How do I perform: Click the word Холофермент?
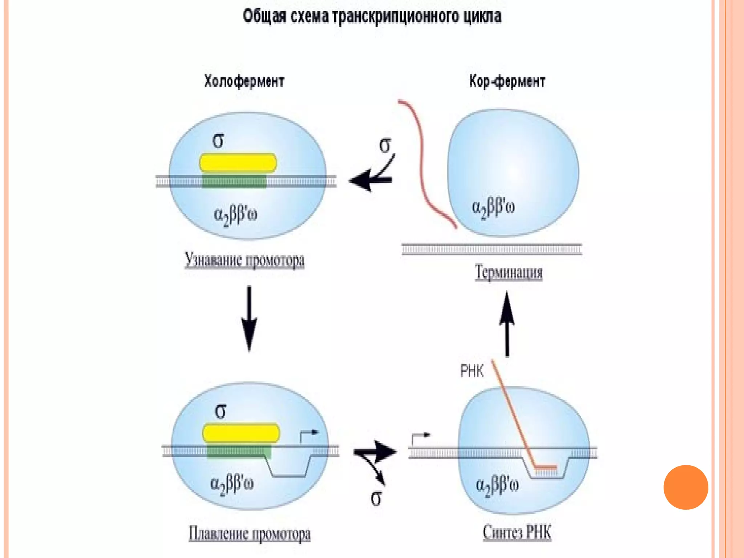click(x=244, y=81)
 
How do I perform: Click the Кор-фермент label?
click(x=507, y=81)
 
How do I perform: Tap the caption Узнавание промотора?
click(x=244, y=260)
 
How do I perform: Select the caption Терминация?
click(x=509, y=272)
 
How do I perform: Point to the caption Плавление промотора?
click(x=250, y=534)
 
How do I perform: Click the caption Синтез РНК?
click(x=517, y=533)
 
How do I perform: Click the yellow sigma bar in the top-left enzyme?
click(x=238, y=163)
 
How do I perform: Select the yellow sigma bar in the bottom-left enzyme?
click(x=241, y=433)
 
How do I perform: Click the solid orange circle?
click(x=686, y=487)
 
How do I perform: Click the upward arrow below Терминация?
click(x=507, y=323)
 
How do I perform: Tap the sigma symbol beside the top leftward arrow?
click(x=385, y=145)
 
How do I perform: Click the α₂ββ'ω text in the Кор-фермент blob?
click(x=493, y=207)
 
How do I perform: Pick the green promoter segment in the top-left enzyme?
click(x=234, y=181)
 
